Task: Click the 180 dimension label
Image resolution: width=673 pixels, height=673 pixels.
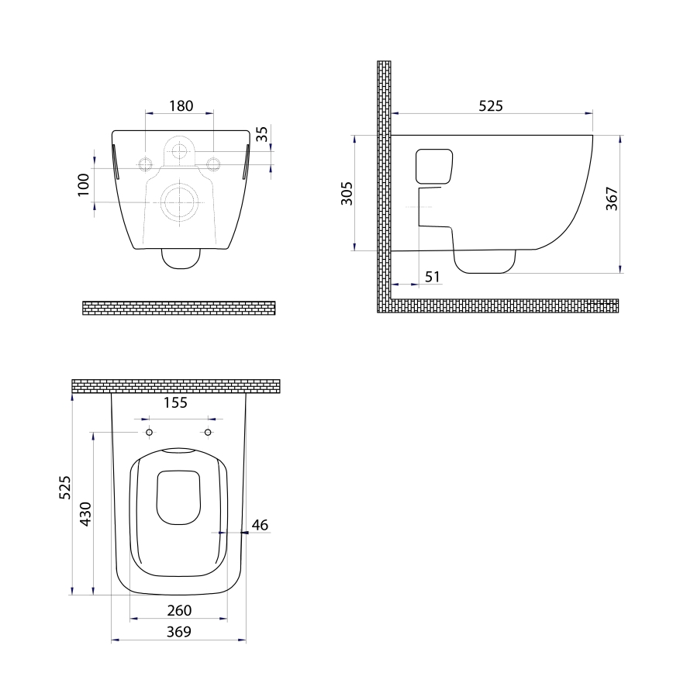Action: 180,105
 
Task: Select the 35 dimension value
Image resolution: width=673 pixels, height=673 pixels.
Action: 262,134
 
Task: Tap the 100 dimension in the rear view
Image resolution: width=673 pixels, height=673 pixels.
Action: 84,185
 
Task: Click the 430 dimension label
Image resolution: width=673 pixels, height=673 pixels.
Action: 86,513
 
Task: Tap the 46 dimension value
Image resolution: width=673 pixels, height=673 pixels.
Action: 260,526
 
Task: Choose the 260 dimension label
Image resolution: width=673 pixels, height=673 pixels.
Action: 179,611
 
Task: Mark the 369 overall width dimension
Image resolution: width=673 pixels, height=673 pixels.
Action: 179,631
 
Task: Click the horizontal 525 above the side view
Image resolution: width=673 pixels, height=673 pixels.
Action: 489,105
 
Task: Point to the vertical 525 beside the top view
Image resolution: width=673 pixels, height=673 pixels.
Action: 66,488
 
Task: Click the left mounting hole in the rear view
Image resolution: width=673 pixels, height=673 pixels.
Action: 145,163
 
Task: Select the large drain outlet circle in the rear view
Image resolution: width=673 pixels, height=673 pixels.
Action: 180,202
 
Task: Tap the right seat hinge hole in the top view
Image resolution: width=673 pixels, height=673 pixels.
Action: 208,432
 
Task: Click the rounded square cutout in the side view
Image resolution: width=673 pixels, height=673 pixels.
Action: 434,164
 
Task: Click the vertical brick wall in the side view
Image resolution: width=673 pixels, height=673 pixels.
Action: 383,186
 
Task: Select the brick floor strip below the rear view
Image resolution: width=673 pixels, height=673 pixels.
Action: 179,307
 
